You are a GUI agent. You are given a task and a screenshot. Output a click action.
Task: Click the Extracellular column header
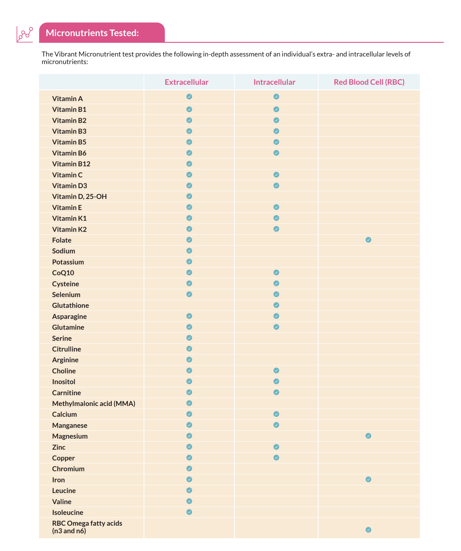pos(186,82)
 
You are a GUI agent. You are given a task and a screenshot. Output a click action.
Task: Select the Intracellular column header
pos(274,82)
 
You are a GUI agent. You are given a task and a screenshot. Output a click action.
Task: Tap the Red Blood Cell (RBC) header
pos(369,82)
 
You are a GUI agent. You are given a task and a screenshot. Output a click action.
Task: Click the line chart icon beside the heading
pos(25,34)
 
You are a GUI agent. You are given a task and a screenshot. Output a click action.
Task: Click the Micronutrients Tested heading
pos(92,33)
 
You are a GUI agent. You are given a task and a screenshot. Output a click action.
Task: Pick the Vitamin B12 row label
pos(71,164)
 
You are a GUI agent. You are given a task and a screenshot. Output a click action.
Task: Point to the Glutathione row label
pos(71,305)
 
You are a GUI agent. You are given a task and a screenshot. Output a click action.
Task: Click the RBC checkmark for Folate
pos(368,240)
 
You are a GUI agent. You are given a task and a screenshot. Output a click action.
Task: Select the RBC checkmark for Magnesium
pos(368,436)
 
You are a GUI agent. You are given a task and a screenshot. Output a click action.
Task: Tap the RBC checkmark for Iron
pos(368,479)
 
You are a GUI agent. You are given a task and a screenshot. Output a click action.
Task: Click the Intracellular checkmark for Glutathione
pos(276,305)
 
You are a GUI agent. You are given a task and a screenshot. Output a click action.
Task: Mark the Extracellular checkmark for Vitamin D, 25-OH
pos(189,196)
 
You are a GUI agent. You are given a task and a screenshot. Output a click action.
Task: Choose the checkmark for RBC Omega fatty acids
pos(368,530)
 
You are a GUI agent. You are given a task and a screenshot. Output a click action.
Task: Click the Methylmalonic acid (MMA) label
pos(94,404)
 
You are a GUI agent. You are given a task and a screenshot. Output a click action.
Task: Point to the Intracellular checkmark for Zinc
pos(276,447)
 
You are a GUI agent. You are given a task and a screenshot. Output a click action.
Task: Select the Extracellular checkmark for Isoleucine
pos(189,512)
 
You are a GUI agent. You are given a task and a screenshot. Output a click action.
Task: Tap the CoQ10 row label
pos(63,273)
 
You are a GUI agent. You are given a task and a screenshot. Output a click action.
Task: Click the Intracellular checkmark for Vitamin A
pos(276,97)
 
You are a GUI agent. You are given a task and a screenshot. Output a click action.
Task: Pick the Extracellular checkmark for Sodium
pos(189,251)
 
